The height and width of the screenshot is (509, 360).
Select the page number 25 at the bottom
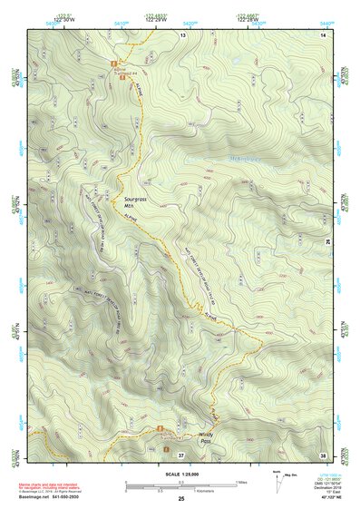coord(180,499)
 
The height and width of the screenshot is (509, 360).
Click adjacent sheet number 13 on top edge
coord(181,34)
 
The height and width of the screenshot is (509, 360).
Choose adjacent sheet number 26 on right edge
coord(326,242)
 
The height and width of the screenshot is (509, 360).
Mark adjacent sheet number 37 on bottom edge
coord(180,455)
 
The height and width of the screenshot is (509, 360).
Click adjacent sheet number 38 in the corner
coord(323,454)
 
